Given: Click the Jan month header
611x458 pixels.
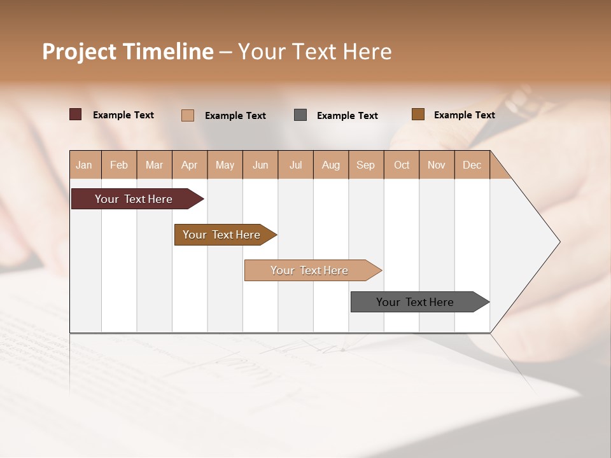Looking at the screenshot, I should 85,165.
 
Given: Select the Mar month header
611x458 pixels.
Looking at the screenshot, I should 154,165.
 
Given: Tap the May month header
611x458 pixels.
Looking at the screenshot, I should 225,165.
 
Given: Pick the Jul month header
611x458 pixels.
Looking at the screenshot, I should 295,165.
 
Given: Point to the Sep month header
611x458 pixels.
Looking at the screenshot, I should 365,165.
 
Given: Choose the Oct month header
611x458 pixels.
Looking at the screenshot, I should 401,165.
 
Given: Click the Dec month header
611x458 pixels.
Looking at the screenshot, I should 472,165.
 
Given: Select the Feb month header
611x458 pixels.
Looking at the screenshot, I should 119,165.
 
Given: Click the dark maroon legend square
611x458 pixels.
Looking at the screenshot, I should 76,114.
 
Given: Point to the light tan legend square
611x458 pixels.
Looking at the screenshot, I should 188,115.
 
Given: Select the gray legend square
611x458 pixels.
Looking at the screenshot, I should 300,114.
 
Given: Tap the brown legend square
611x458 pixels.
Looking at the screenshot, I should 418,114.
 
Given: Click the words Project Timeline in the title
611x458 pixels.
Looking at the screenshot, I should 128,52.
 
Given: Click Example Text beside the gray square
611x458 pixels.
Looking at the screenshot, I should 348,116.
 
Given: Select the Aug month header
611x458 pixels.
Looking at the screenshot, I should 330,165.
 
